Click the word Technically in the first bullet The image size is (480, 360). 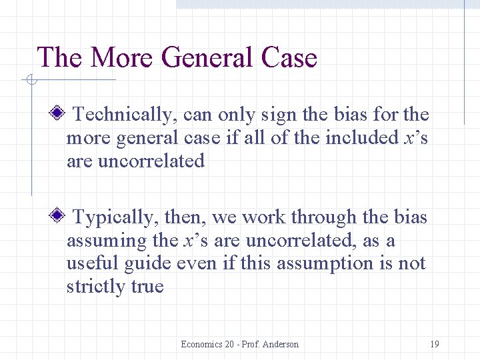click(x=121, y=115)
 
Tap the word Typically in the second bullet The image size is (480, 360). click(x=113, y=217)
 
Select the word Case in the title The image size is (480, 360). click(x=289, y=57)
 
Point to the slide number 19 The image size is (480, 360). click(x=434, y=344)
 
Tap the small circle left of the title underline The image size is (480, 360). click(x=31, y=81)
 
